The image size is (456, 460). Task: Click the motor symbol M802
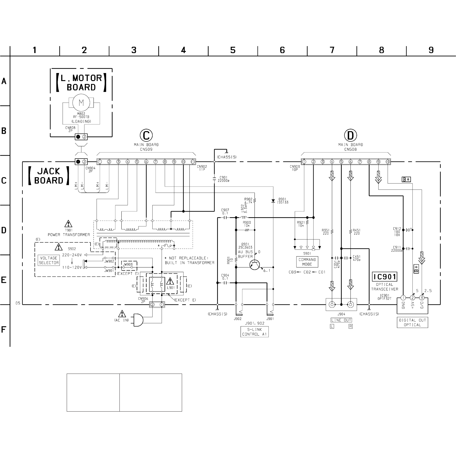(81, 103)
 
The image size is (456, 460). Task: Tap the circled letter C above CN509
(146, 135)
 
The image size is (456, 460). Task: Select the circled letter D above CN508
(350, 135)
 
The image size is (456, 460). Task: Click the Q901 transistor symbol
(255, 264)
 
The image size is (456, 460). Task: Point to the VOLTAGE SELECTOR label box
(49, 260)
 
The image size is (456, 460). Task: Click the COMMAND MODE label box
(307, 262)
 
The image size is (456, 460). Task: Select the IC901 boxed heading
(384, 277)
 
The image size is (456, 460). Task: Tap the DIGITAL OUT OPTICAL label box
(412, 322)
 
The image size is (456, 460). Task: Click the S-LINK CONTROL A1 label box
(255, 332)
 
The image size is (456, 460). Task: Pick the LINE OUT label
(341, 320)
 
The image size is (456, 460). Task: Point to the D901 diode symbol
(273, 201)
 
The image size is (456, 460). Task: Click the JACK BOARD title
(49, 176)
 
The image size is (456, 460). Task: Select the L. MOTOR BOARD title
(81, 83)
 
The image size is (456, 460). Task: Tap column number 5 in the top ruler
(233, 50)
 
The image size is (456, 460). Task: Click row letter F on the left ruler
(4, 329)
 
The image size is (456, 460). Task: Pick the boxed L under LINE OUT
(332, 326)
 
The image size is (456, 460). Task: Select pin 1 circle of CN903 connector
(304, 162)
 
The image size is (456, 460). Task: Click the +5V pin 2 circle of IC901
(413, 298)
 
